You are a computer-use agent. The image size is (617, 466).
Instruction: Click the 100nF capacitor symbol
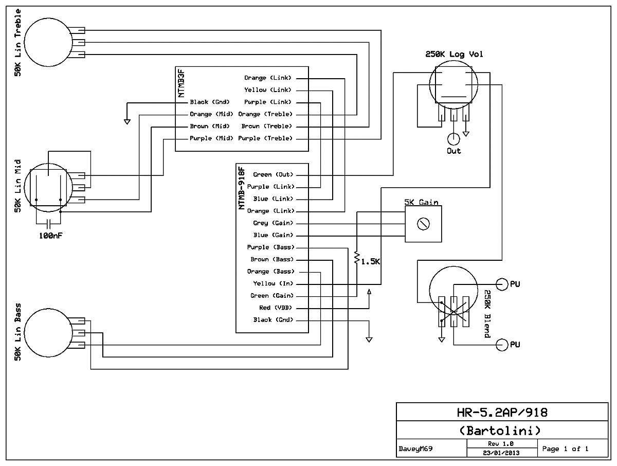[x=48, y=224]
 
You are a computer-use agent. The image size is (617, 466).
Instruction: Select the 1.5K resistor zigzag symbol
[x=357, y=258]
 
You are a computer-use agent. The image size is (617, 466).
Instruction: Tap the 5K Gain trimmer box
[x=423, y=224]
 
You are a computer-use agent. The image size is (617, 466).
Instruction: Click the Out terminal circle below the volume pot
[x=453, y=139]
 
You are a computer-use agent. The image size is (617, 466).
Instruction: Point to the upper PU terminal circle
[x=502, y=284]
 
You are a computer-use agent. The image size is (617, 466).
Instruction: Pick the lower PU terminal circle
[x=502, y=345]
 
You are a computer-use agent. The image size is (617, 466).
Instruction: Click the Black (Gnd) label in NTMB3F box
[x=210, y=102]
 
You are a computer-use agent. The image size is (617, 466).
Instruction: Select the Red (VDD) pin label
[x=276, y=308]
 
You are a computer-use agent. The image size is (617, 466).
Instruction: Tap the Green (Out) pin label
[x=273, y=174]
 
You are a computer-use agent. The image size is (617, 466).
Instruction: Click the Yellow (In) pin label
[x=273, y=283]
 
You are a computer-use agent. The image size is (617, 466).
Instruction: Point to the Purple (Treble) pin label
[x=265, y=138]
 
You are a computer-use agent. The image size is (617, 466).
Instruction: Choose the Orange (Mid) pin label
[x=211, y=114]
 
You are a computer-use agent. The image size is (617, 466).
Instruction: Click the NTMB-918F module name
[x=242, y=188]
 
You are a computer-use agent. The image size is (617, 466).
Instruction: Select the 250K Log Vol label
[x=454, y=54]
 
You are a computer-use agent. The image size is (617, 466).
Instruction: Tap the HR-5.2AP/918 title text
[x=502, y=413]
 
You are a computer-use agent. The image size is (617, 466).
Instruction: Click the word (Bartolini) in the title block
[x=500, y=431]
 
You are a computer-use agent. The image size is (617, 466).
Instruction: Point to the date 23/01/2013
[x=501, y=453]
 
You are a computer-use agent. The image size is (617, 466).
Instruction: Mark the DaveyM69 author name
[x=415, y=449]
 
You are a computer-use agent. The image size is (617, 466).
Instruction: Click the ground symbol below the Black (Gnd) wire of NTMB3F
[x=127, y=122]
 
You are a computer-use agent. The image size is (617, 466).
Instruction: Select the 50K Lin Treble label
[x=17, y=43]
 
